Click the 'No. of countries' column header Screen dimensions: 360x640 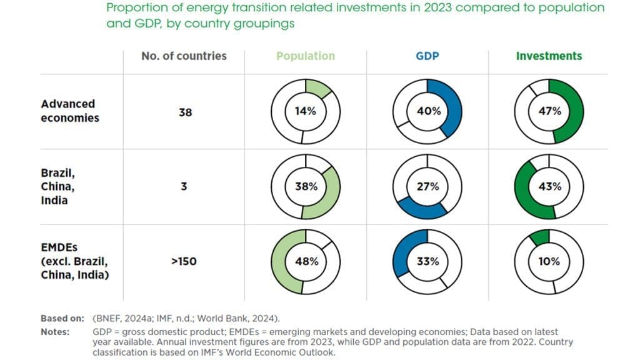coord(184,56)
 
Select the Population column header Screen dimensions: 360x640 coord(306,56)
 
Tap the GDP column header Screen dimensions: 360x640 coord(427,56)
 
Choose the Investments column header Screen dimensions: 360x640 coord(549,56)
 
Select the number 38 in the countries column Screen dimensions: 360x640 coord(185,113)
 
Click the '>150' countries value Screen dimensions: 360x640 coord(184,261)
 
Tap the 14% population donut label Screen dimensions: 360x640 coord(306,112)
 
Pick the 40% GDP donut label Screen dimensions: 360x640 coord(428,112)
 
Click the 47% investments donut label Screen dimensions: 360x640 coord(549,112)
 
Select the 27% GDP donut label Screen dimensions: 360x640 coord(428,186)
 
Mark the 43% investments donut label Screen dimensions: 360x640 coord(549,186)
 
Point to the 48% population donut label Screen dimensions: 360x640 coord(306,261)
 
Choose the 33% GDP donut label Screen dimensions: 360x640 coord(428,261)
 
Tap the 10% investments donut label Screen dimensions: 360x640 coord(549,261)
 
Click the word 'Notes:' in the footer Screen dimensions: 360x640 coord(54,332)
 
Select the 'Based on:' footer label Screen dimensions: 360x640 coord(62,318)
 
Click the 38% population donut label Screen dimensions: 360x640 coord(306,186)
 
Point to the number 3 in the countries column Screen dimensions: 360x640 coord(184,186)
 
